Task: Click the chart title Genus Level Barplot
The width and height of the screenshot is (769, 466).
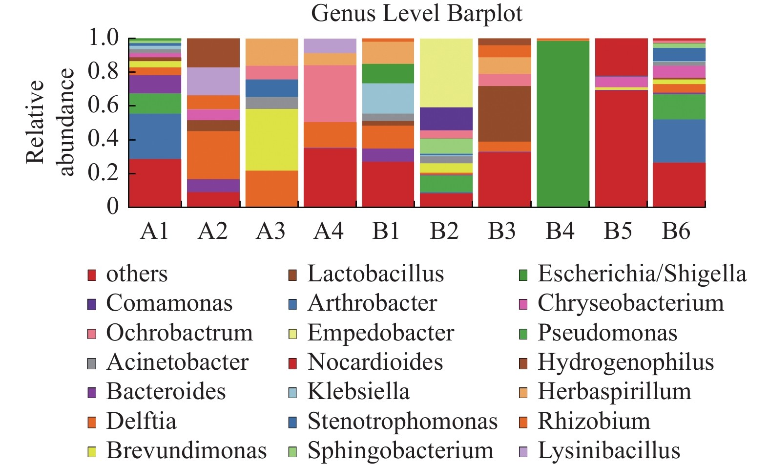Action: pos(416,13)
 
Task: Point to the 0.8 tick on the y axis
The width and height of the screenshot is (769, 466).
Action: pos(103,72)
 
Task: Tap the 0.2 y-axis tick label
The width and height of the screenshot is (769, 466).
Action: pos(103,173)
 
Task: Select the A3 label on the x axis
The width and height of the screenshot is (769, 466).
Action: pos(270,231)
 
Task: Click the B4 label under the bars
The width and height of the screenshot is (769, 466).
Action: pos(560,231)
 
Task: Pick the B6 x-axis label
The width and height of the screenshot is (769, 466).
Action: pos(676,231)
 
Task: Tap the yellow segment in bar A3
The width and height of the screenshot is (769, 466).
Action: pos(271,139)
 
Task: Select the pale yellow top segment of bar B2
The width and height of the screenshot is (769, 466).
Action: pos(446,72)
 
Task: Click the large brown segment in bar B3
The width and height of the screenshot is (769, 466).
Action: pos(504,113)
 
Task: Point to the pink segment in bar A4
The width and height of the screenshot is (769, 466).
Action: pos(330,93)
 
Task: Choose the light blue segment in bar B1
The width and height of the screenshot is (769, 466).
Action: pos(388,98)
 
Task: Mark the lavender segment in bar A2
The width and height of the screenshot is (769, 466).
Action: pos(213,81)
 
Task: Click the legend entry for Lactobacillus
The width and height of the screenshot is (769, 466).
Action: pos(375,274)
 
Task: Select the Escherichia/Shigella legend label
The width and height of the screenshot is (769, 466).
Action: pos(642,274)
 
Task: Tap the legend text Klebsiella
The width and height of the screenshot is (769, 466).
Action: pos(358,392)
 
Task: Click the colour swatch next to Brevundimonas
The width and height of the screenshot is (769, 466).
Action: pos(92,452)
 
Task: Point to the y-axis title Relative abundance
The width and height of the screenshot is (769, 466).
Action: pos(49,122)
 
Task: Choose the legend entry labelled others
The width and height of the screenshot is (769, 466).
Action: pos(137,274)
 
